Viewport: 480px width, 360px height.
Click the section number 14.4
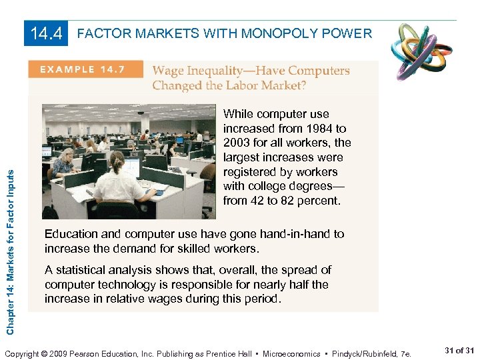pyautogui.click(x=47, y=33)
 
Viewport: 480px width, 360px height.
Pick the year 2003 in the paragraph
pyautogui.click(x=237, y=143)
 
